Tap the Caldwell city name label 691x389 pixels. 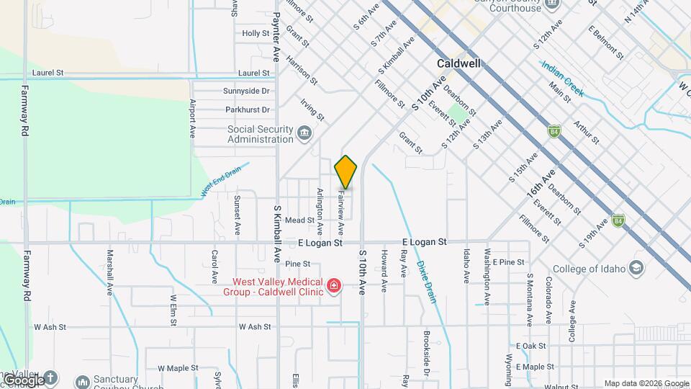pos(459,63)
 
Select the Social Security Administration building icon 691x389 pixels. pos(304,133)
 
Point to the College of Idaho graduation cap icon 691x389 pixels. pos(636,269)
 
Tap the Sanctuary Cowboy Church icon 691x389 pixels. pos(82,380)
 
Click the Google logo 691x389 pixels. pos(23,380)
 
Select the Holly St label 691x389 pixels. pos(256,33)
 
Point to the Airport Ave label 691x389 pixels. pos(193,119)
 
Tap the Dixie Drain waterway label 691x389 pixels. pos(425,281)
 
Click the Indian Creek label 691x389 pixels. pos(562,79)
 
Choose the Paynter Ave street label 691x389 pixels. pos(275,36)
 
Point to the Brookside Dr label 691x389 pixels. pos(426,365)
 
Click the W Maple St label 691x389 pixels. pos(178,368)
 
